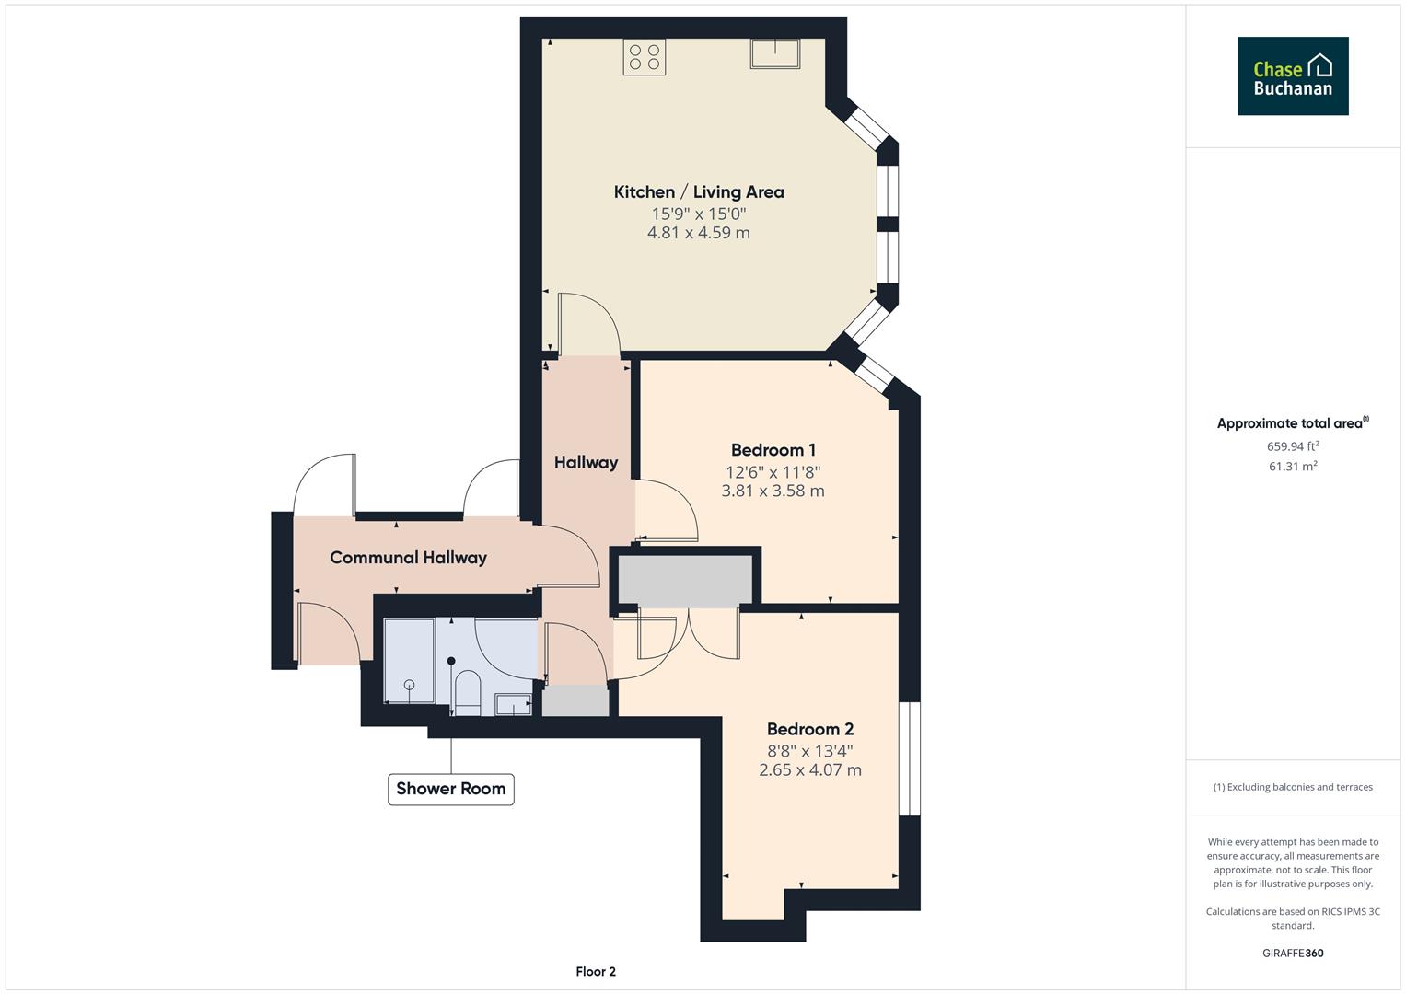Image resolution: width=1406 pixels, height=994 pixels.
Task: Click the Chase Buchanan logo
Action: tap(1292, 76)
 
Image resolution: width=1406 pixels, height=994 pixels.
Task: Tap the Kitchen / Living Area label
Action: tap(699, 191)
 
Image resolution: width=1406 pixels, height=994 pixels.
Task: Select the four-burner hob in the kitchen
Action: tap(645, 56)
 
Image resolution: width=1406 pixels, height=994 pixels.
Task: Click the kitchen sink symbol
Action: tap(775, 54)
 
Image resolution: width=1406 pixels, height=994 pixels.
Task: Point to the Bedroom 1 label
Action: tap(773, 450)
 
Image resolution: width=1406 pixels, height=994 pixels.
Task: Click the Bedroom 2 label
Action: tap(809, 729)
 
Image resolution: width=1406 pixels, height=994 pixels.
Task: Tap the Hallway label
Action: tap(586, 462)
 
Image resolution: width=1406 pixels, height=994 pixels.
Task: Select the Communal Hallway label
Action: tap(408, 557)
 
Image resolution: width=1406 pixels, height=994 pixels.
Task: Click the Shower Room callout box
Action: tap(450, 789)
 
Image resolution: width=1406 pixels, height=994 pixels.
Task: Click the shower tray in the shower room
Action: tap(409, 661)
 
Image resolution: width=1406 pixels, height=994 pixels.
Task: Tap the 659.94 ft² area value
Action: tap(1293, 446)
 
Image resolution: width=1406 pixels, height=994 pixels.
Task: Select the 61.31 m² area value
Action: tap(1293, 467)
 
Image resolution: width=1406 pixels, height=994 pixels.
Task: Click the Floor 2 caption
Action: tap(596, 971)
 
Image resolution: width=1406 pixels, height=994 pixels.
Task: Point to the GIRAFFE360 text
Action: tap(1293, 953)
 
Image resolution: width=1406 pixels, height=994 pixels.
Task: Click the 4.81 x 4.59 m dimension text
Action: tap(699, 233)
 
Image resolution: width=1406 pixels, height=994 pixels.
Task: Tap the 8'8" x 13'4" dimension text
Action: tap(809, 750)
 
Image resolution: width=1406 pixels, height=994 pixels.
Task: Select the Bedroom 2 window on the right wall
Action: tap(909, 758)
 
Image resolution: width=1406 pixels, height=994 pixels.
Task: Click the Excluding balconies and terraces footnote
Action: tap(1293, 787)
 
